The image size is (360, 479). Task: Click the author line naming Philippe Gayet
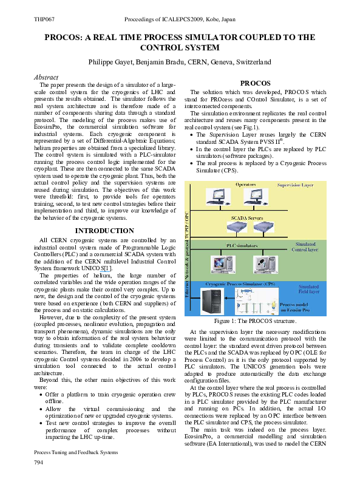coord(180,63)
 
